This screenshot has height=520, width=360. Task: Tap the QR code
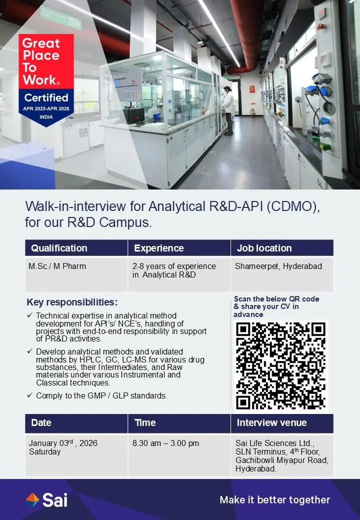click(281, 365)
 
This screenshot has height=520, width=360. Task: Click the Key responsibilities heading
click(72, 302)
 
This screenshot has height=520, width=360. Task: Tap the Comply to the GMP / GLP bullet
click(101, 396)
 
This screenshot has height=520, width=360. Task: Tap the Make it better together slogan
click(275, 500)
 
